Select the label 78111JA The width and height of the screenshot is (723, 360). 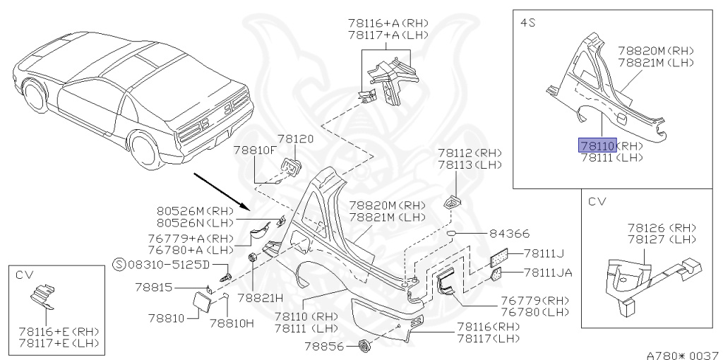(548, 272)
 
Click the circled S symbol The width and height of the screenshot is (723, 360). (119, 265)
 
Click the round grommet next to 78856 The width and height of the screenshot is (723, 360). (365, 346)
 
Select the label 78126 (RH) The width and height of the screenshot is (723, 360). (662, 227)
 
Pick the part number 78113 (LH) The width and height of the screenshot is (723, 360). (469, 165)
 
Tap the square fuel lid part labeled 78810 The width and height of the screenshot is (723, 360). (201, 306)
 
